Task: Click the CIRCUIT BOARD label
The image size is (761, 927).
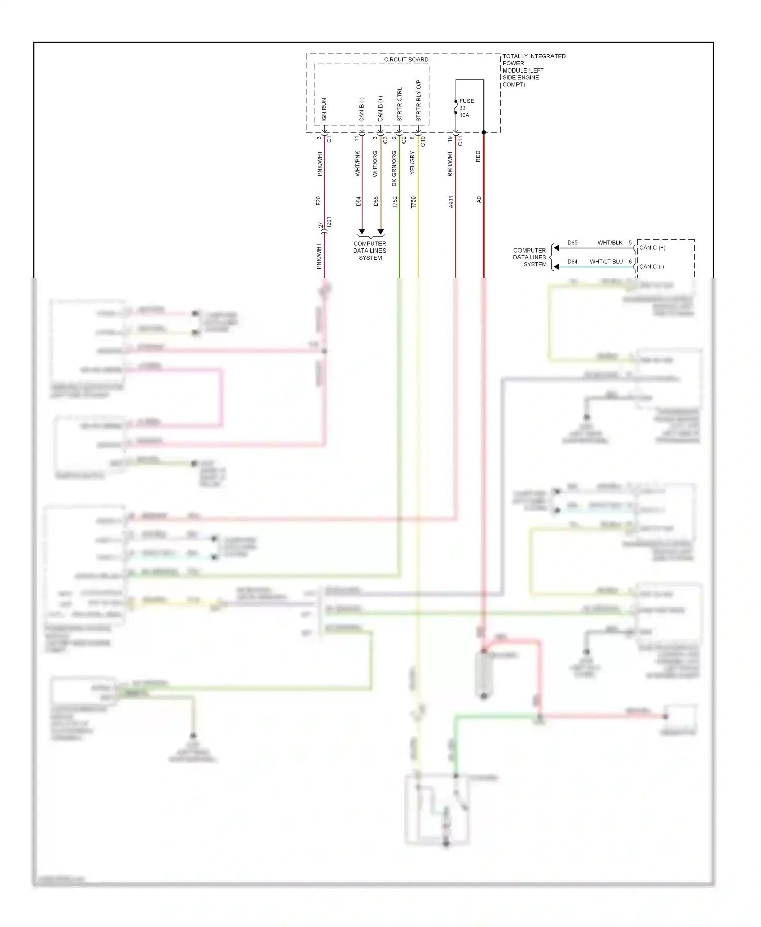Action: click(x=406, y=60)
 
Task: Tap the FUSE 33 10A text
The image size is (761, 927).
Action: click(x=466, y=108)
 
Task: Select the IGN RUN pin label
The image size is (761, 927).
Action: click(x=324, y=110)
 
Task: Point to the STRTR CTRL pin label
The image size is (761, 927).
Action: click(x=400, y=104)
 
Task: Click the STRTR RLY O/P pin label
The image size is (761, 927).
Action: click(x=419, y=100)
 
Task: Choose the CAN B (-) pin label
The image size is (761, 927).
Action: click(x=362, y=110)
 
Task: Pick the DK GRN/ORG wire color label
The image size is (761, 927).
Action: click(x=394, y=168)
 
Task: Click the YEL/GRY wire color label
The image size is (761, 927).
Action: click(x=413, y=163)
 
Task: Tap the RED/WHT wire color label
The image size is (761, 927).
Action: click(x=450, y=164)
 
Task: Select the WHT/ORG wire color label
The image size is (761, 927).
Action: click(x=375, y=164)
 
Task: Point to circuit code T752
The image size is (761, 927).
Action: click(x=395, y=202)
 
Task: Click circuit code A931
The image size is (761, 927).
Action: click(x=451, y=202)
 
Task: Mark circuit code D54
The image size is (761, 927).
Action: click(x=358, y=201)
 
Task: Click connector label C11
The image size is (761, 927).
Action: click(x=460, y=141)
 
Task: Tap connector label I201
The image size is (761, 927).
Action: click(x=329, y=222)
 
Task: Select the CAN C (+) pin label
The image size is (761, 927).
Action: click(x=652, y=248)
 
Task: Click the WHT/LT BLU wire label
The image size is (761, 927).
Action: click(x=606, y=262)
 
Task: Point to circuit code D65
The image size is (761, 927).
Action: click(x=572, y=243)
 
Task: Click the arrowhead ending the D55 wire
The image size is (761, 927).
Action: click(x=380, y=232)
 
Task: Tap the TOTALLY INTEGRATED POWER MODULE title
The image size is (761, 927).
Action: click(x=533, y=70)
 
